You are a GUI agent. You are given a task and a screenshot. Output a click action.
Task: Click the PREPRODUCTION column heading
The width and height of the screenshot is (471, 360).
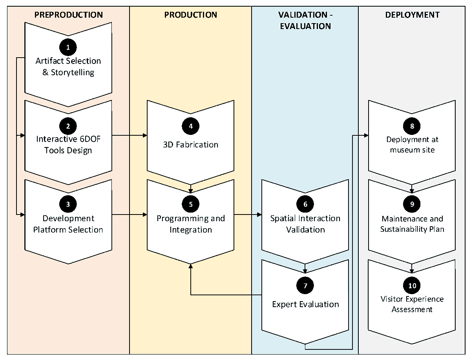[x=68, y=15]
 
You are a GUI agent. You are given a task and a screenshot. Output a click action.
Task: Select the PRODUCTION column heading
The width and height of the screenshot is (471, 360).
[x=190, y=15]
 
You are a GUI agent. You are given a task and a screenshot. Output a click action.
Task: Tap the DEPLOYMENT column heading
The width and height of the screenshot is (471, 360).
[x=412, y=15]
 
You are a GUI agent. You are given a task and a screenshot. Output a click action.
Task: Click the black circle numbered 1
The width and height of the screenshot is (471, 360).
[x=68, y=47]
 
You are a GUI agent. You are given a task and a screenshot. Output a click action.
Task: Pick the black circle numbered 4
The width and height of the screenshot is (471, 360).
[x=190, y=126]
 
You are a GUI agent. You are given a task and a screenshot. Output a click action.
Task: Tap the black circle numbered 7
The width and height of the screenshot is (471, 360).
[x=305, y=285]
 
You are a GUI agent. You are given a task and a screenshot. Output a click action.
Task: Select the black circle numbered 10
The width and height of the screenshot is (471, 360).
[x=412, y=285]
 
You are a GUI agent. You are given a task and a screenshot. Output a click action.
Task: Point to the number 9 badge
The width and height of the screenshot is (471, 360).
[x=412, y=204]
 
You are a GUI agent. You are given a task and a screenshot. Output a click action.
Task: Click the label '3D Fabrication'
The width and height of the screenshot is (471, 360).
[x=190, y=145]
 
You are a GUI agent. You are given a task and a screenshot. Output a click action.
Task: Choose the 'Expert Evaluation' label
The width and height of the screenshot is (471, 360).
[x=305, y=304]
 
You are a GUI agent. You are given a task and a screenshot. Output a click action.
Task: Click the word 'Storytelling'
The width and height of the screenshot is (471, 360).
[x=73, y=73]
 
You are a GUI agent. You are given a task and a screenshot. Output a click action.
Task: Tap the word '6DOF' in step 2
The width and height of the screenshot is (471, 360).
[x=90, y=139]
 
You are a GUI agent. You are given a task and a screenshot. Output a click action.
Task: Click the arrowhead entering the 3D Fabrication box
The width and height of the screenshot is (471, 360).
[x=145, y=135]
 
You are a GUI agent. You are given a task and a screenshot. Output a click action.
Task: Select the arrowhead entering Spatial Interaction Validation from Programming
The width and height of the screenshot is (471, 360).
[x=259, y=215]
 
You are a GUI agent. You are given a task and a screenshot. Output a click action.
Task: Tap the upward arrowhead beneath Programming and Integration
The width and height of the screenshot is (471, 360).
[x=190, y=266]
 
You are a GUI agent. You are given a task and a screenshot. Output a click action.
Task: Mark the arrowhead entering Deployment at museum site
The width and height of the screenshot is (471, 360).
[x=366, y=135]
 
